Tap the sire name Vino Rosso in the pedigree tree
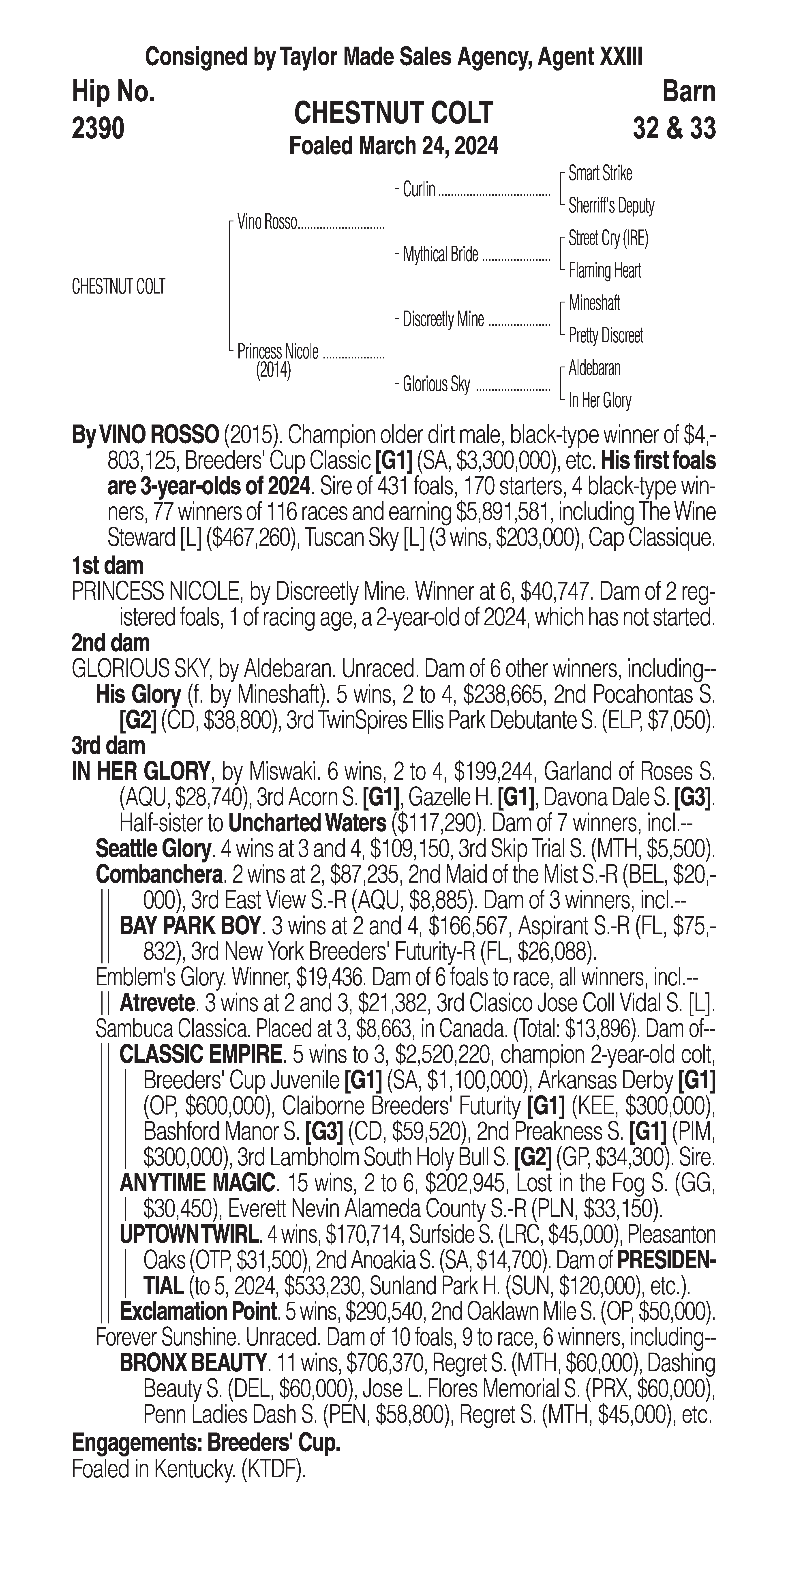tap(267, 222)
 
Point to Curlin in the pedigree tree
tap(419, 189)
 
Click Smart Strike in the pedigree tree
tap(600, 174)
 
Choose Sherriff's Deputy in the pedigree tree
tap(611, 206)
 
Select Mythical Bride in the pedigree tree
tap(440, 254)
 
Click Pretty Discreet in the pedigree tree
tap(605, 335)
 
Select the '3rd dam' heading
tap(109, 745)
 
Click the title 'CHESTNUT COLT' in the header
tap(393, 113)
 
